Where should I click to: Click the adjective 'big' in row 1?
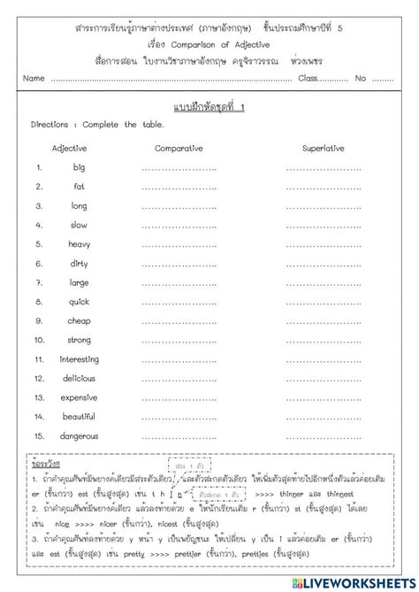(80, 167)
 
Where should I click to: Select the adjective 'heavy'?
(80, 244)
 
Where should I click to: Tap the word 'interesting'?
(80, 359)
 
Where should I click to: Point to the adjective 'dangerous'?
(80, 436)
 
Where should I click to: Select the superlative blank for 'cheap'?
(324, 321)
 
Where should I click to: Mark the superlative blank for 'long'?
(324, 206)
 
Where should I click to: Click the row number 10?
(39, 340)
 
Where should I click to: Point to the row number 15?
(39, 436)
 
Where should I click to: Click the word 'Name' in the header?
(34, 79)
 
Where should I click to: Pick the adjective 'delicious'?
(80, 379)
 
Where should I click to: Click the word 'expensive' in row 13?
(80, 398)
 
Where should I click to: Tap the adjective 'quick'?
(80, 302)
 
